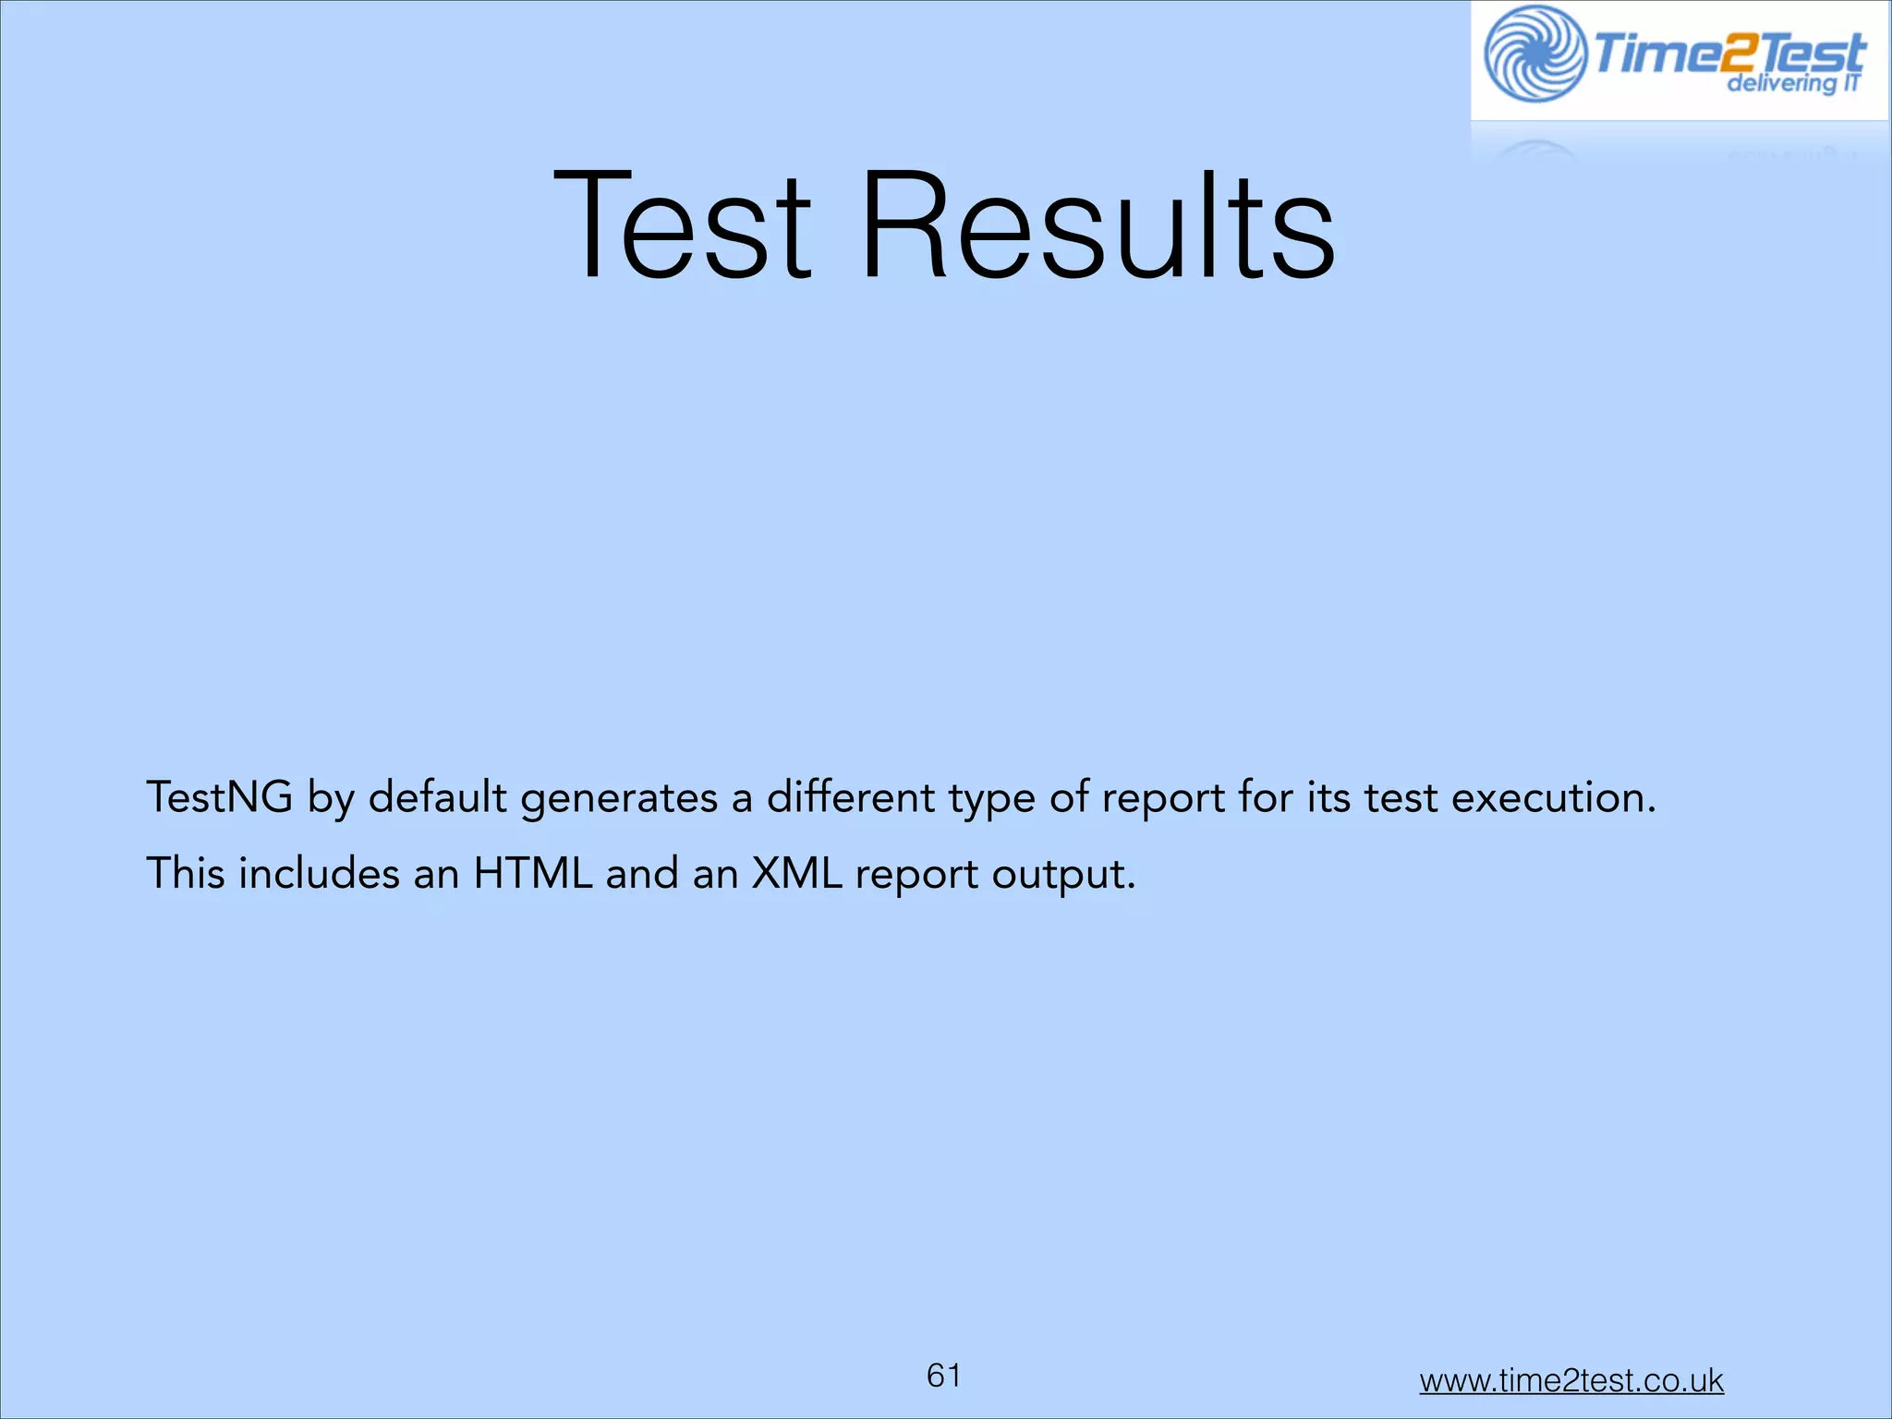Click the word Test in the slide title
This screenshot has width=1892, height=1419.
tap(682, 226)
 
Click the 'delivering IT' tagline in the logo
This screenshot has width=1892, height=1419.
tap(1793, 84)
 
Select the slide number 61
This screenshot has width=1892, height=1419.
tap(943, 1376)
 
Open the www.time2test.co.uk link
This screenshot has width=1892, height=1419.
tap(1571, 1380)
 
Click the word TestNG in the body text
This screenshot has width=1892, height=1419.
tap(220, 797)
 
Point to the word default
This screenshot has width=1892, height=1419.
tap(438, 797)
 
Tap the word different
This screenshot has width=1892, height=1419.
tap(851, 797)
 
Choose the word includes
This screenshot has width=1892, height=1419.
tap(319, 873)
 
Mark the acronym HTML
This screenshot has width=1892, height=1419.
tap(533, 873)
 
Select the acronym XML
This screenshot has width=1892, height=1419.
tap(796, 873)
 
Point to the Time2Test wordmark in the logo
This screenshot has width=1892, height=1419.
tap(1728, 54)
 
